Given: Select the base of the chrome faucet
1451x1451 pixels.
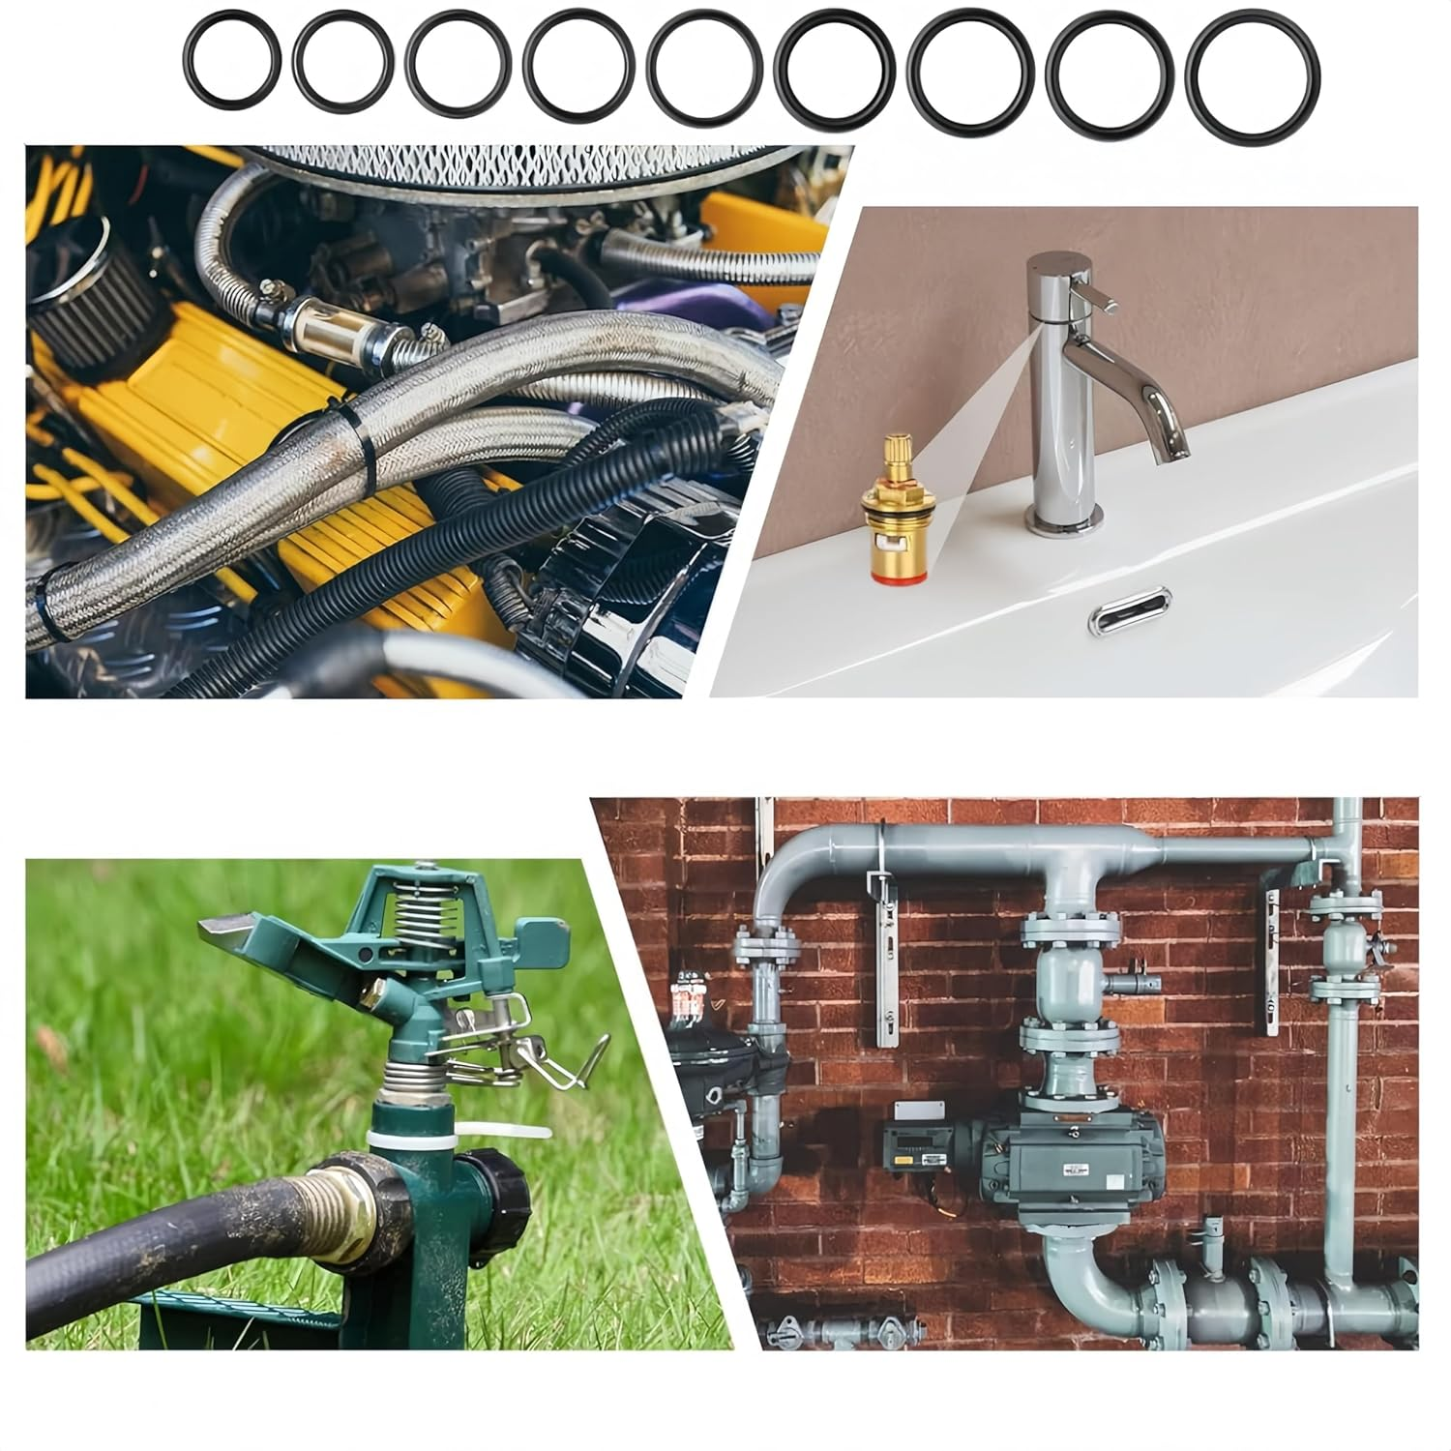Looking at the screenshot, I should pos(1064,522).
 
